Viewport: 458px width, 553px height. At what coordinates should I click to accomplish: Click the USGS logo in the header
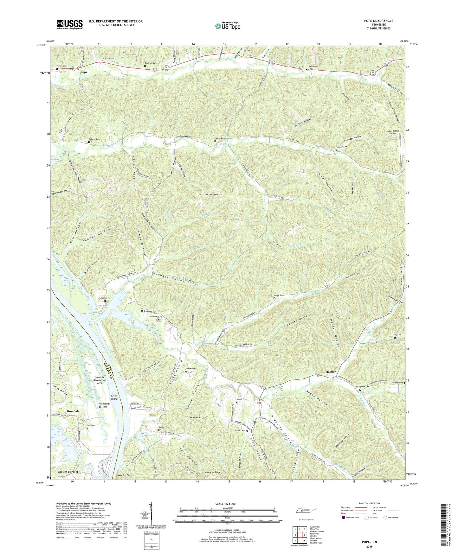pyautogui.click(x=70, y=24)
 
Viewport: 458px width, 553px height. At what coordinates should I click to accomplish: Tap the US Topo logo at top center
pyautogui.click(x=227, y=26)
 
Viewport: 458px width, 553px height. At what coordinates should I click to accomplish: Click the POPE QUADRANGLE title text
pyautogui.click(x=378, y=21)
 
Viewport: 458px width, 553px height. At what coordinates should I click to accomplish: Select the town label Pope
pyautogui.click(x=84, y=72)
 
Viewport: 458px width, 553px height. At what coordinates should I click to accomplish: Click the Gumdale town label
pyautogui.click(x=73, y=411)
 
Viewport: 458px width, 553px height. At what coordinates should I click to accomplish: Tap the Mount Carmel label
pyautogui.click(x=68, y=472)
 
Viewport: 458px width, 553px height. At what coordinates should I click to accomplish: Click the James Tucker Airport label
pyautogui.click(x=393, y=132)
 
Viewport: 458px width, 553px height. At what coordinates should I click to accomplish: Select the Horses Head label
pyautogui.click(x=207, y=194)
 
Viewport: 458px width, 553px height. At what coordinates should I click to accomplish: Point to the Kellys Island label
pyautogui.click(x=114, y=397)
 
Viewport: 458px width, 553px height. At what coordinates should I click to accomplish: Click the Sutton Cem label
pyautogui.click(x=220, y=138)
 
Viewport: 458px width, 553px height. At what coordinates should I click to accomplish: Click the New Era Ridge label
pyautogui.click(x=213, y=472)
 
